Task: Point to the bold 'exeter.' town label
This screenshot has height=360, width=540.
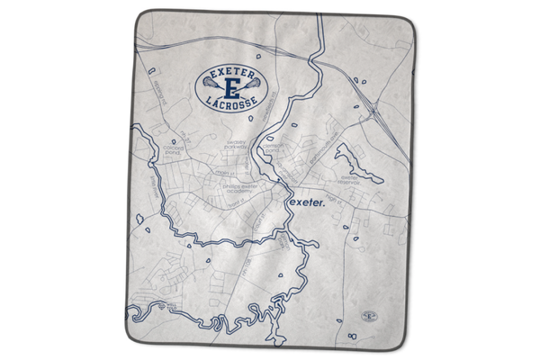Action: click(307, 202)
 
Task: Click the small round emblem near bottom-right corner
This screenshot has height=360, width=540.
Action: click(366, 317)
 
